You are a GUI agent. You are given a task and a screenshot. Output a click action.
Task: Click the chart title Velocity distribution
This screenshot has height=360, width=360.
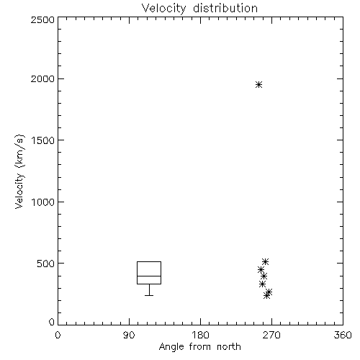pos(199,9)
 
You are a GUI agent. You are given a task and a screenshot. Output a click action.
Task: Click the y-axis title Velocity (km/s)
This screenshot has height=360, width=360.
pos(19,171)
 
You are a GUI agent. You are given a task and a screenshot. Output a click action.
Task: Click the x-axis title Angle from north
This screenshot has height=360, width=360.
pos(199,347)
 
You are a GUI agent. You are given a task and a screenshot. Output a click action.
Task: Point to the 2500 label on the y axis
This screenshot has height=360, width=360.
pos(42,19)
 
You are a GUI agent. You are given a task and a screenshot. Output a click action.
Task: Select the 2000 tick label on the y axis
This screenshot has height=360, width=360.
pos(42,78)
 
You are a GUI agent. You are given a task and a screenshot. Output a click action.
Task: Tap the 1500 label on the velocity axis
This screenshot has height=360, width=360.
pos(43,140)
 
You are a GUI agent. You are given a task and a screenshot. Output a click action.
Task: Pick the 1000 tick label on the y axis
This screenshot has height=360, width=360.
pos(43,202)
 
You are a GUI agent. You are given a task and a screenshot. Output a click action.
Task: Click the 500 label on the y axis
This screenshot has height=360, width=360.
pos(46,264)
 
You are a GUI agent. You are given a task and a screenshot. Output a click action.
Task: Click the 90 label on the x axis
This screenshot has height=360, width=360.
pos(129,335)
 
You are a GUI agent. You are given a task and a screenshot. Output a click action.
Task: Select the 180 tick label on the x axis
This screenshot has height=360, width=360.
pos(200,335)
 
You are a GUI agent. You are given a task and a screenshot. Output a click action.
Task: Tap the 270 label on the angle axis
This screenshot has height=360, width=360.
pos(271,335)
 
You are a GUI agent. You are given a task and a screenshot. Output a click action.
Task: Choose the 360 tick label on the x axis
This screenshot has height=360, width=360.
pos(343,335)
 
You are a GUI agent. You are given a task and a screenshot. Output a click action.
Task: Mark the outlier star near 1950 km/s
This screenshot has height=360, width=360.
pos(258,84)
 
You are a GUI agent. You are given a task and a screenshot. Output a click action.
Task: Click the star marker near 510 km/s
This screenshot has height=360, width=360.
pos(265,261)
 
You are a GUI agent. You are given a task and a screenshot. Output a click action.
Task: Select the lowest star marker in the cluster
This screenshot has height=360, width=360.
pos(266,296)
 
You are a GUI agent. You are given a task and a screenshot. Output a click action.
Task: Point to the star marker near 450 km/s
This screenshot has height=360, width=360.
pos(261,270)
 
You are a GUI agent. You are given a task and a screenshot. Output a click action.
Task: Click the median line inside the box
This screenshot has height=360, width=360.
pos(149,276)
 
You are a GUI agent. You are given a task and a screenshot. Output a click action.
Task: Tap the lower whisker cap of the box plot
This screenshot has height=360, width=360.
pos(149,295)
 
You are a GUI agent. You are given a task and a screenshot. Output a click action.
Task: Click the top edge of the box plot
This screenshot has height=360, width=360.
pos(149,261)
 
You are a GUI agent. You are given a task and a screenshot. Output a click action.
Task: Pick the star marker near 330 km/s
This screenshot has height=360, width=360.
pos(262,284)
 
